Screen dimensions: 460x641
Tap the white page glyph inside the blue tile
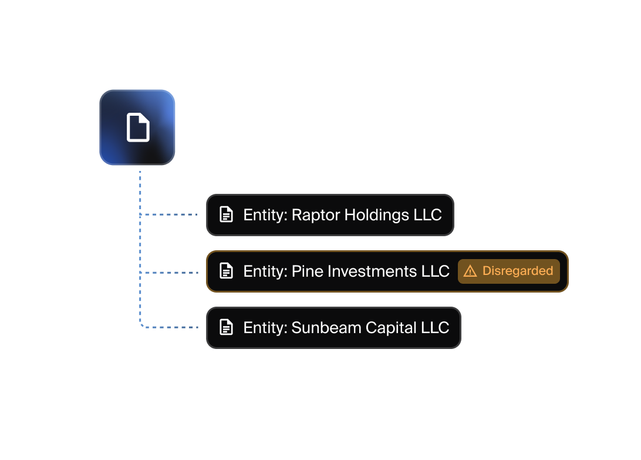point(138,127)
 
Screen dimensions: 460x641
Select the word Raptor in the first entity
point(315,215)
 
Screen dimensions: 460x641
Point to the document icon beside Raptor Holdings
point(226,214)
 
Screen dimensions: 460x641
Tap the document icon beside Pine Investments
point(226,271)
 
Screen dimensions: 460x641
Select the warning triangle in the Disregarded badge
point(470,271)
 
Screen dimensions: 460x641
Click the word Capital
point(391,328)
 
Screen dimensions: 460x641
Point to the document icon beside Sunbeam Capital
point(226,327)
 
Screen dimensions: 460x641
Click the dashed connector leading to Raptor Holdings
point(170,215)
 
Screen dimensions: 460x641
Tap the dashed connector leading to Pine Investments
point(170,273)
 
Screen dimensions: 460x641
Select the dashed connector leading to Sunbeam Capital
point(170,327)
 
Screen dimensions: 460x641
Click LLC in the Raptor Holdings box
point(427,215)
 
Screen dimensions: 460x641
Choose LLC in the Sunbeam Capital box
point(435,328)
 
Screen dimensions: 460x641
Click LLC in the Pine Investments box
point(435,271)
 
